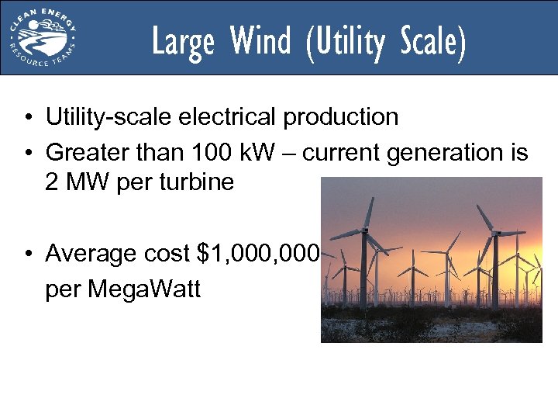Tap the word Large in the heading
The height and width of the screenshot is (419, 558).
click(x=182, y=42)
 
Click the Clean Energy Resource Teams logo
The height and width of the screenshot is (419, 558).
click(x=42, y=37)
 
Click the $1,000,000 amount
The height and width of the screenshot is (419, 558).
click(x=258, y=253)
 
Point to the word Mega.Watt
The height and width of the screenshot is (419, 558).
click(x=144, y=289)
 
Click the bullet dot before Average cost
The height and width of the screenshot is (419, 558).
click(x=26, y=254)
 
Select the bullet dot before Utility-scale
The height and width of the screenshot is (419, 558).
click(x=26, y=118)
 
